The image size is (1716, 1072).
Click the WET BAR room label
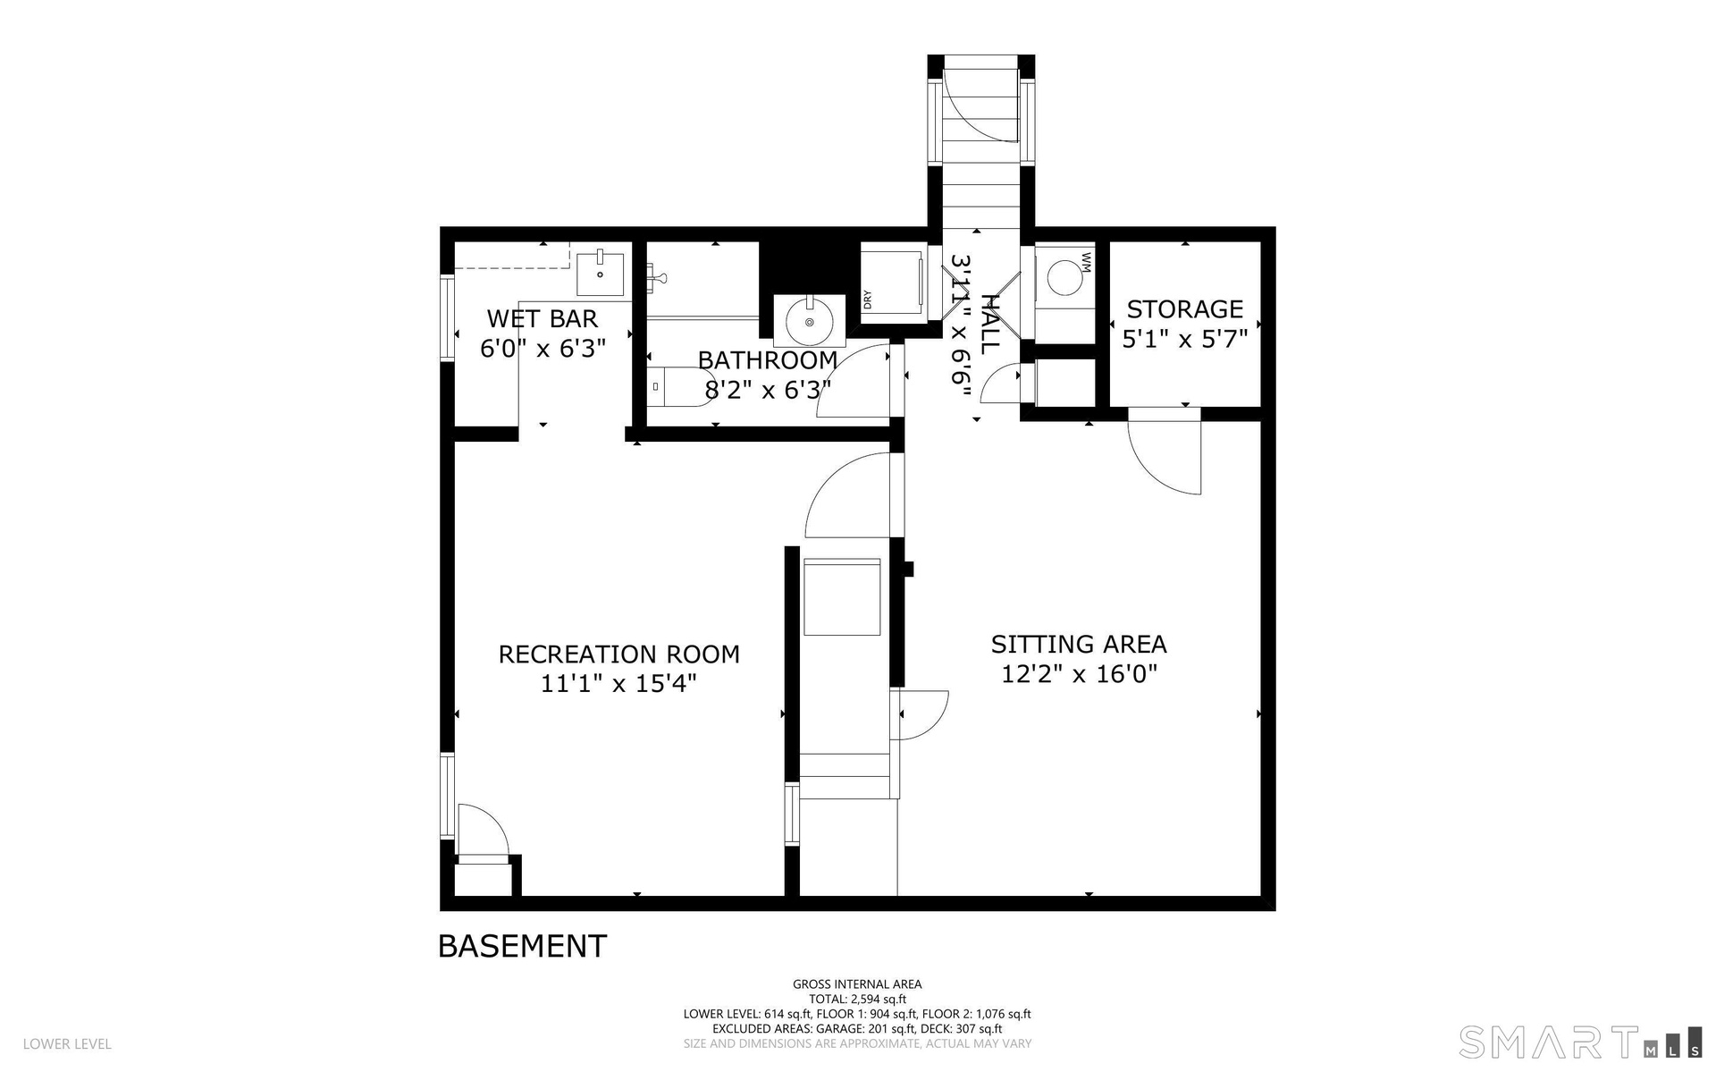pos(542,318)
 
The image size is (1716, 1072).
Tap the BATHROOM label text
pos(767,360)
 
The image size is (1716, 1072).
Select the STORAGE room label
pos(1184,309)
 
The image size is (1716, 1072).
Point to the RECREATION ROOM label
pos(618,654)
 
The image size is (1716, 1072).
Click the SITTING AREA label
pos(1079,644)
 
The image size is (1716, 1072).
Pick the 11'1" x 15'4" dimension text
pos(618,684)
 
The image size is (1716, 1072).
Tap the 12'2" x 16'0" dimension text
pos(1079,673)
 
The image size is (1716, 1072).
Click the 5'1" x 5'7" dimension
pos(1184,339)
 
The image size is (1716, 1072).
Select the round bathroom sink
pos(809,321)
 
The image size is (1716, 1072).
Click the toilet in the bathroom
pos(679,386)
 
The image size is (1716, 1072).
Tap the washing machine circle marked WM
pos(1064,276)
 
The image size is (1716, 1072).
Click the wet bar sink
pos(601,273)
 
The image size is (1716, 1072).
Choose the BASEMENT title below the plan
pos(522,946)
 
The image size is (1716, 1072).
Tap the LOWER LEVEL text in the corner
pos(67,1043)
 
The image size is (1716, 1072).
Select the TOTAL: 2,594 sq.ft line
pos(857,1000)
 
